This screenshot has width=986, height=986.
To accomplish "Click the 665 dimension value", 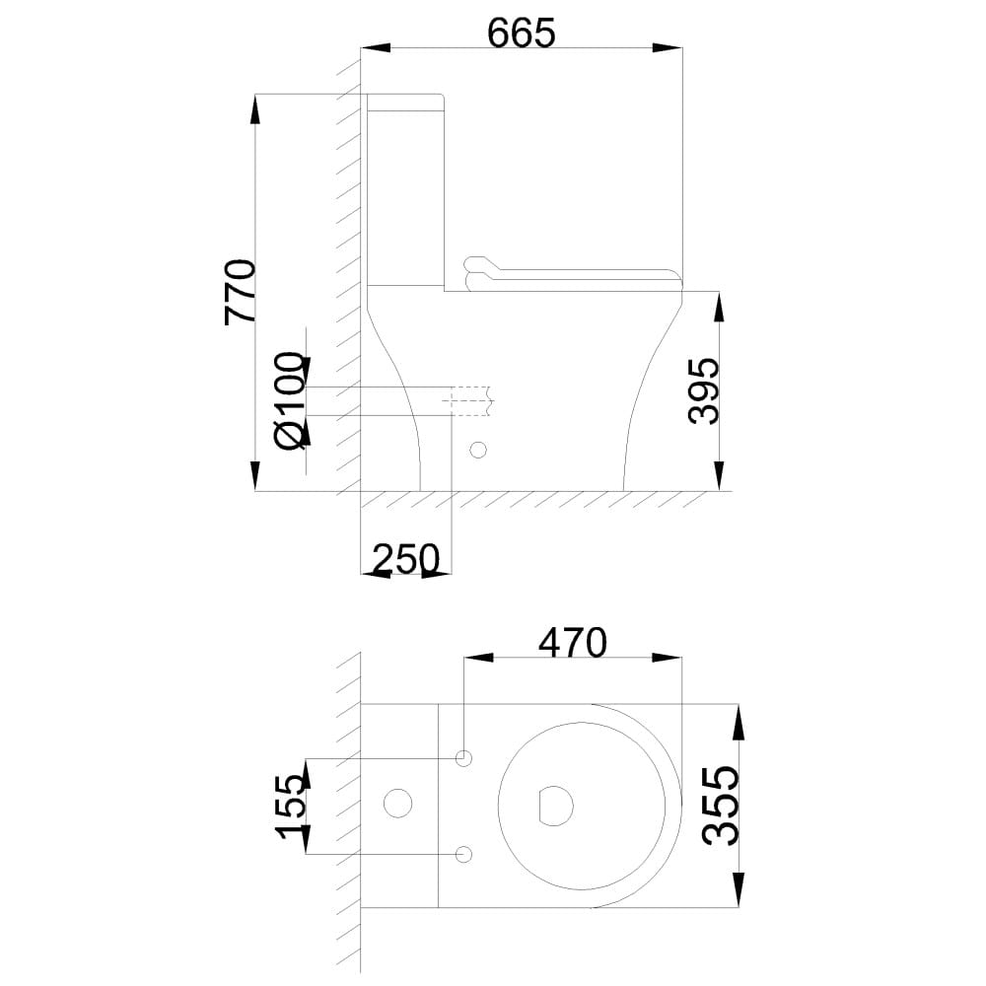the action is pyautogui.click(x=522, y=33).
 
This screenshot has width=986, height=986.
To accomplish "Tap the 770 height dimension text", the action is pyautogui.click(x=241, y=291).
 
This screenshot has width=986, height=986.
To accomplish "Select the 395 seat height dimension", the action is pyautogui.click(x=703, y=390).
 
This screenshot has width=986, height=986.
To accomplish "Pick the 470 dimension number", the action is pyautogui.click(x=573, y=642).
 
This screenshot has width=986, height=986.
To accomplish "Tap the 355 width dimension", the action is pyautogui.click(x=720, y=806).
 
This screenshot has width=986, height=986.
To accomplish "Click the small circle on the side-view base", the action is pyautogui.click(x=478, y=450).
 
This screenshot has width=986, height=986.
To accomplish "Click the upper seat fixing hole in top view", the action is pyautogui.click(x=464, y=758).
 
